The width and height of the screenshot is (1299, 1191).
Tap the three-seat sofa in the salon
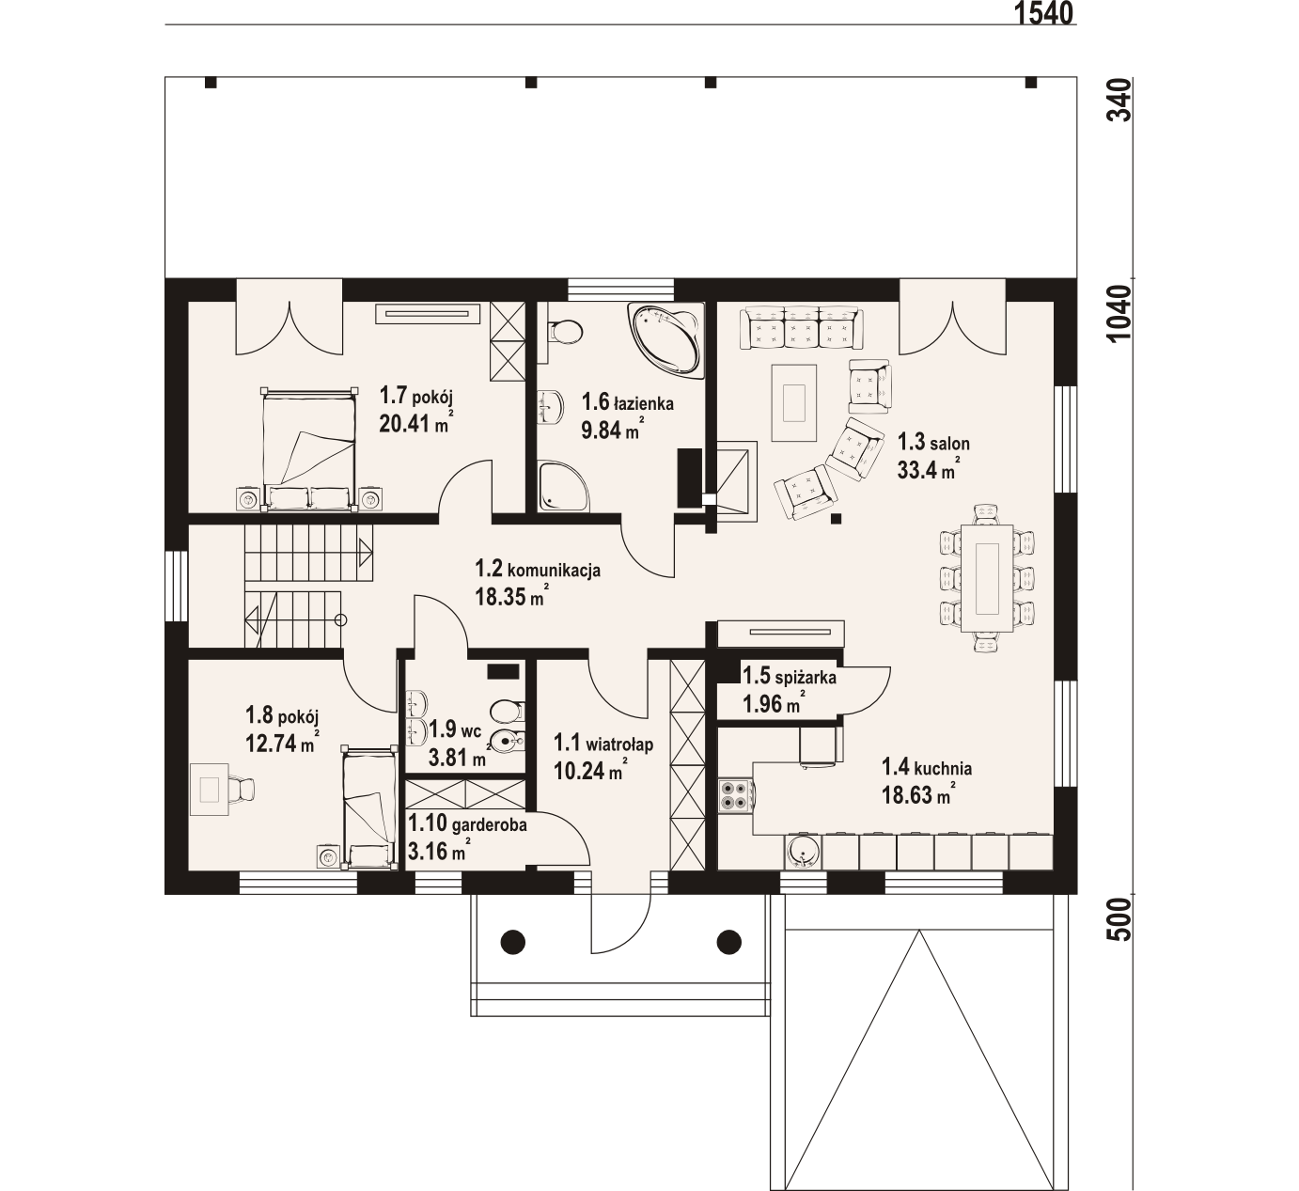[802, 329]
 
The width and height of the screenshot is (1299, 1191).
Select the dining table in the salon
[987, 578]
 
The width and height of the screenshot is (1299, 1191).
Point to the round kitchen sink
[803, 852]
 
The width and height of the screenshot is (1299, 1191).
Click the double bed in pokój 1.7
[309, 449]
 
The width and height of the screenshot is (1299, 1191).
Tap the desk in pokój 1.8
[210, 789]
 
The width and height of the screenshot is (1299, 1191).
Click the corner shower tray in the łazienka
[564, 486]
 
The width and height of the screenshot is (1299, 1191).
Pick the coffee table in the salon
[794, 402]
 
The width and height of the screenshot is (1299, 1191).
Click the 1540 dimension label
[1041, 13]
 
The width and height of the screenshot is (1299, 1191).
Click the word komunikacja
[554, 571]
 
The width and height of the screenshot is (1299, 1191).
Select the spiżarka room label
[790, 677]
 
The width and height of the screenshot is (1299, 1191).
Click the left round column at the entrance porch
[513, 941]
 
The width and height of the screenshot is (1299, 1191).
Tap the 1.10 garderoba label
[467, 823]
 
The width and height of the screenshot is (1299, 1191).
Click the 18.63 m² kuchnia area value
[916, 794]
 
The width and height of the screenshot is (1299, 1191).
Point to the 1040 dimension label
[1119, 313]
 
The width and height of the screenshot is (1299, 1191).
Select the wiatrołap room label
[603, 744]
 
